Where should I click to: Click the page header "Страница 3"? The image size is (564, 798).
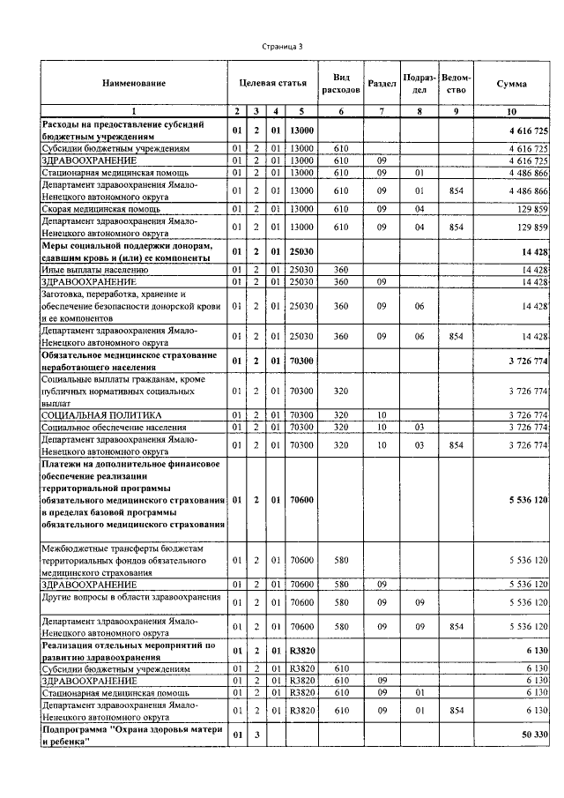coord(282,46)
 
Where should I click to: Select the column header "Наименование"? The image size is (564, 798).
coord(133,84)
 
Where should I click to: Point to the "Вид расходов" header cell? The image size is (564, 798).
coord(340,84)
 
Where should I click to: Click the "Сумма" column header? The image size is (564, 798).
coord(511,84)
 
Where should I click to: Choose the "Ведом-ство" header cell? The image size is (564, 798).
coord(456,84)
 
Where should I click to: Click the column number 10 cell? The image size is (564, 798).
coord(511,111)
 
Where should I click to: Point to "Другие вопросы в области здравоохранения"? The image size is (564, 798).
coord(131,598)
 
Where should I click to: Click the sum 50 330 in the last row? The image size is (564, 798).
coord(529,735)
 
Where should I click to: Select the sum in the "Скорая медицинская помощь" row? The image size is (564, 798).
coord(529,208)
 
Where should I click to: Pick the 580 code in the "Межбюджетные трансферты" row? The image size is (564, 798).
coord(340,560)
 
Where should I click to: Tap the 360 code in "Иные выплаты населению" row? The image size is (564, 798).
coord(340,269)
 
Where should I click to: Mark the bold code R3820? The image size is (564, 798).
coord(301,650)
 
